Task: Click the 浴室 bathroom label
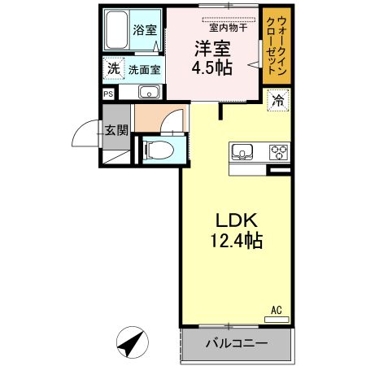(146, 29)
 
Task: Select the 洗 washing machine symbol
(112, 70)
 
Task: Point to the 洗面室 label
(145, 70)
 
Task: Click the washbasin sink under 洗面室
(146, 92)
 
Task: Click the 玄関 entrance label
(116, 129)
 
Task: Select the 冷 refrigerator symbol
(278, 101)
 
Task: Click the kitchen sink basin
(243, 151)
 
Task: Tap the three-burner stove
(279, 151)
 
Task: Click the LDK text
(236, 220)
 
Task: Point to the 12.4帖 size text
(236, 242)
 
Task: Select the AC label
(277, 309)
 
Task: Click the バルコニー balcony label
(236, 344)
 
